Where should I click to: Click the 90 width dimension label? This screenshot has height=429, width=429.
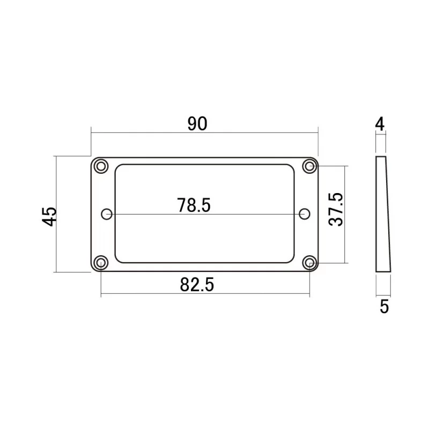click(x=197, y=124)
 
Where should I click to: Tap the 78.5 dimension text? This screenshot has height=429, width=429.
click(x=194, y=204)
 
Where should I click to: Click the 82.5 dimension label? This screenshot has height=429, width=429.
click(x=197, y=285)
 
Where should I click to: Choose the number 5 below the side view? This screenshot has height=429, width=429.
click(x=384, y=307)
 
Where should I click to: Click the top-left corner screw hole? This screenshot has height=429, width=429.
click(x=100, y=166)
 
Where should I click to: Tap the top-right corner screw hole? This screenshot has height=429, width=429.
click(x=309, y=166)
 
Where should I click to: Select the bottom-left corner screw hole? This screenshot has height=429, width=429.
click(x=100, y=262)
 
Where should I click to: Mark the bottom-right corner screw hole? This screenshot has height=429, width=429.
click(x=309, y=262)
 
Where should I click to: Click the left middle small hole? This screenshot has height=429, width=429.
click(x=107, y=214)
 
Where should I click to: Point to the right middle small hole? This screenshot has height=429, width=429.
click(x=305, y=214)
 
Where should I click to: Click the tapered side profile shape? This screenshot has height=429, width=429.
click(x=382, y=214)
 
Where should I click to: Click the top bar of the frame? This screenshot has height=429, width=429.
click(x=204, y=160)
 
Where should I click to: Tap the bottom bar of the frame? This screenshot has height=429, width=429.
click(x=204, y=267)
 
